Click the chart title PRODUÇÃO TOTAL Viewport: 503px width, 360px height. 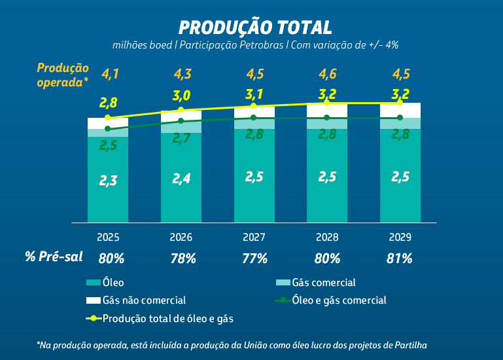255,27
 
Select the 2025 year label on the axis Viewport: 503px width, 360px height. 109,236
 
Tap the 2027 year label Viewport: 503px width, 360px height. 254,236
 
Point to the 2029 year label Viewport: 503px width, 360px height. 400,236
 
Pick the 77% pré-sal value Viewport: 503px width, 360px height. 254,258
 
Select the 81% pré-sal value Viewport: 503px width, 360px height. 400,258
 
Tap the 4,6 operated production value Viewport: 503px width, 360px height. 327,74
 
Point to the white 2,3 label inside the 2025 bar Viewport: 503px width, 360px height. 109,181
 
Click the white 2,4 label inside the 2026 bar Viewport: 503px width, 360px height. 181,178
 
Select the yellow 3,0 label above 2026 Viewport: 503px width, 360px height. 181,96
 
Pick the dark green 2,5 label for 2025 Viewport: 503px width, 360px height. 109,145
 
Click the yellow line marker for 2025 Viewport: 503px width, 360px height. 107,118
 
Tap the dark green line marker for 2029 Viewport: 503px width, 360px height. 399,118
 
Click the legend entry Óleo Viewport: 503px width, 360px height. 111,283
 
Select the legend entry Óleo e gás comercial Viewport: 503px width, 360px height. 339,300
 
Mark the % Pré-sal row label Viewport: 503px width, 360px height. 54,257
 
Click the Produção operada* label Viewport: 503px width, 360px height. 62,74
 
